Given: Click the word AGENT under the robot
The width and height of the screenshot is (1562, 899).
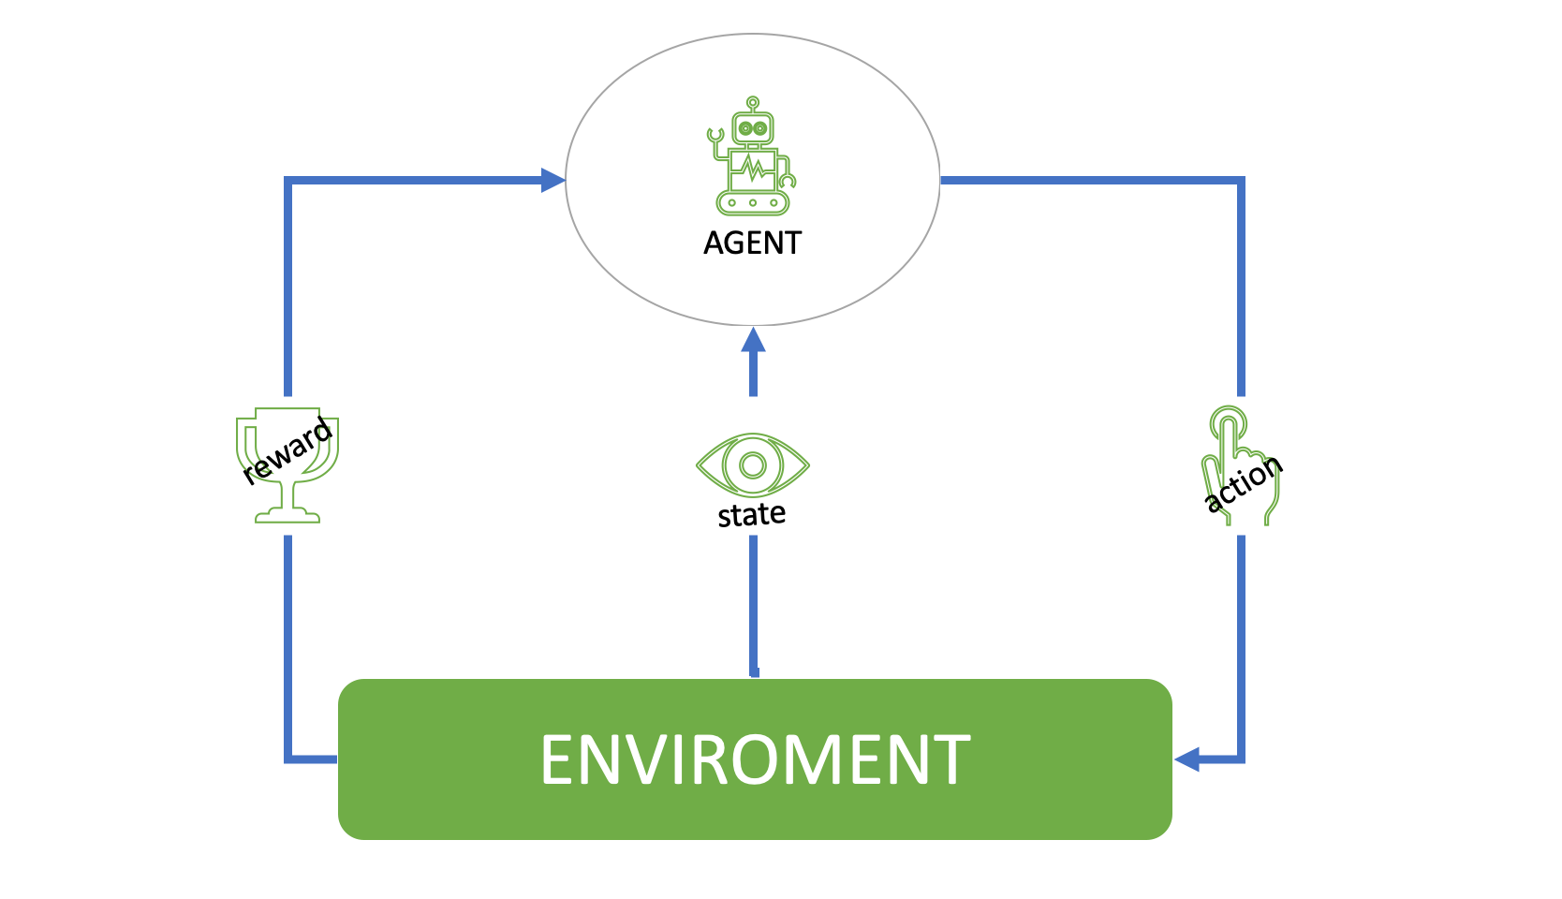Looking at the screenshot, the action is [752, 243].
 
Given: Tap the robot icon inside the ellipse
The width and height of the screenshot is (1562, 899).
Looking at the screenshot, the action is [752, 155].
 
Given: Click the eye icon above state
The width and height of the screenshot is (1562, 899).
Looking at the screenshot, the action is [752, 464].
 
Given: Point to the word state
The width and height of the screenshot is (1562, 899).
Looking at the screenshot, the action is [752, 515].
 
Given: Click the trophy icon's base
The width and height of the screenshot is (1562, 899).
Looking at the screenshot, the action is [287, 516].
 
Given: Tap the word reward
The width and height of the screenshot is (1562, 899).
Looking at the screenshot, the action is [287, 449].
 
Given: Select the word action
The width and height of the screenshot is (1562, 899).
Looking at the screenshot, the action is [1244, 482].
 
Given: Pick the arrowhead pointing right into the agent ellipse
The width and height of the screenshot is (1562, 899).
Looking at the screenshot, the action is [553, 180].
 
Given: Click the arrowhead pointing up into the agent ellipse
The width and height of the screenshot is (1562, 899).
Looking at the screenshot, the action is [753, 340].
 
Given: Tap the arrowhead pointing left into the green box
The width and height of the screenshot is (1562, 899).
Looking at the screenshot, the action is [1186, 759].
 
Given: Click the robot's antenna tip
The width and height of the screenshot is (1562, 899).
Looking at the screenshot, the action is [752, 102].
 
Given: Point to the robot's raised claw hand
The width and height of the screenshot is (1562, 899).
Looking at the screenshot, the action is [715, 135].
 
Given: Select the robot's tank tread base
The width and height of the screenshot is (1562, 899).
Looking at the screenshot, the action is [752, 203].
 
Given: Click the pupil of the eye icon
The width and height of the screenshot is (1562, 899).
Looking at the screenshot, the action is [752, 464].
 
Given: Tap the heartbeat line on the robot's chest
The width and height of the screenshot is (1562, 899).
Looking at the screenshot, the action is [752, 168].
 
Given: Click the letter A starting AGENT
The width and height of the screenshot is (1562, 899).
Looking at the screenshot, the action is [715, 243].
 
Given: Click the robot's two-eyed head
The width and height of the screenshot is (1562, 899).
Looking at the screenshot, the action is [752, 128].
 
